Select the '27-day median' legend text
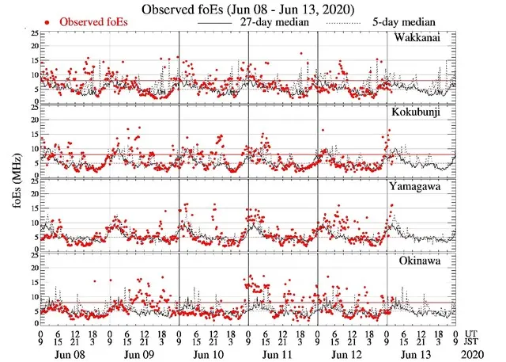pos(277,22)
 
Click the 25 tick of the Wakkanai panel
pos(32,33)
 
